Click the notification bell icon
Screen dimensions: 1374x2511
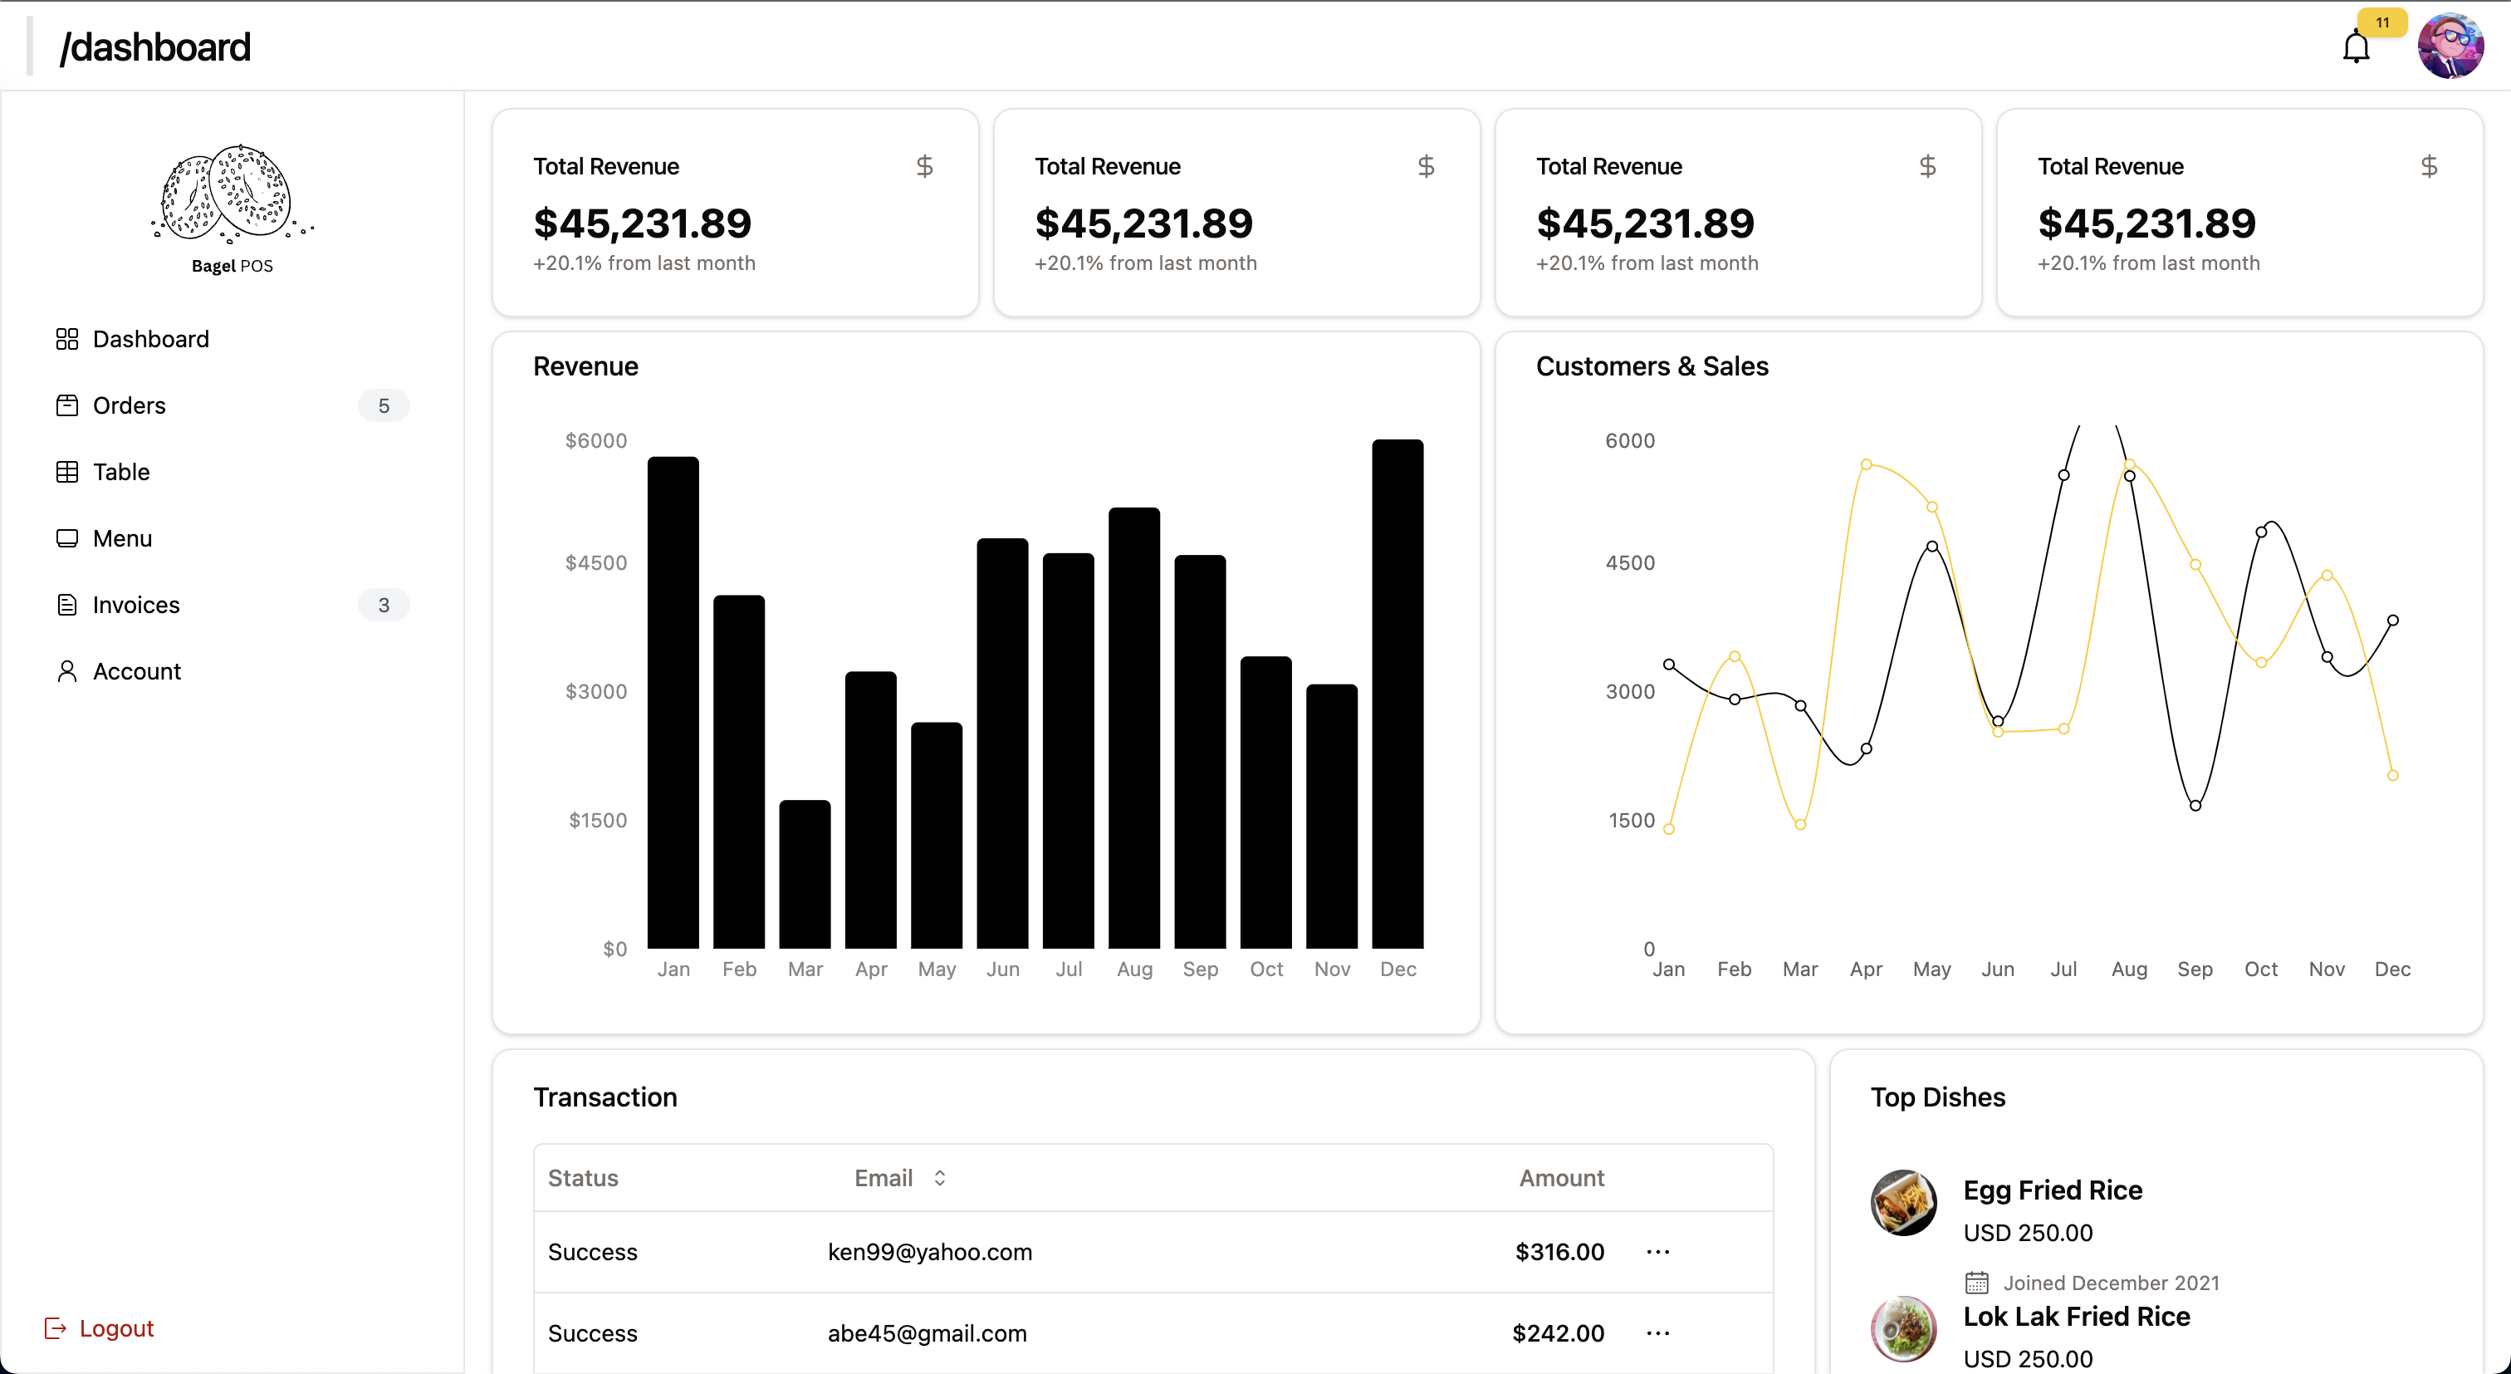(x=2355, y=47)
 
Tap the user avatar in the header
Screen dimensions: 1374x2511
(x=2450, y=46)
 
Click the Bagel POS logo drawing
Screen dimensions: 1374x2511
(x=231, y=194)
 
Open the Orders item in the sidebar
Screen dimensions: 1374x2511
(x=129, y=405)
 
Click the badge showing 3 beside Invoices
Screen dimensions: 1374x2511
(x=383, y=605)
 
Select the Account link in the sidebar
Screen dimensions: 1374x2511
(x=136, y=671)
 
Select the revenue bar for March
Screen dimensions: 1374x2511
(x=805, y=874)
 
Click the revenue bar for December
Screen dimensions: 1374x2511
(x=1397, y=694)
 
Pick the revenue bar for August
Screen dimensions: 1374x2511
(x=1133, y=728)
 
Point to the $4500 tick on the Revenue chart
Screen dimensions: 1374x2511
(x=595, y=562)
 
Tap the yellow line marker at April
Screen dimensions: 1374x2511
(x=1866, y=464)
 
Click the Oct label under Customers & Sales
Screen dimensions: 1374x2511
(x=2260, y=969)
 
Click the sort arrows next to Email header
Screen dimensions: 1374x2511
(x=940, y=1178)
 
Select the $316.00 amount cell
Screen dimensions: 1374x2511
(x=1559, y=1252)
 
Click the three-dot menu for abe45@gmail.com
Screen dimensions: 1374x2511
(x=1657, y=1333)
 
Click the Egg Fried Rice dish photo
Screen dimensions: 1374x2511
(x=1902, y=1202)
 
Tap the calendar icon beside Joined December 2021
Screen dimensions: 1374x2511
(x=1976, y=1283)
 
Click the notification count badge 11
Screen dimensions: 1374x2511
(x=2381, y=22)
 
